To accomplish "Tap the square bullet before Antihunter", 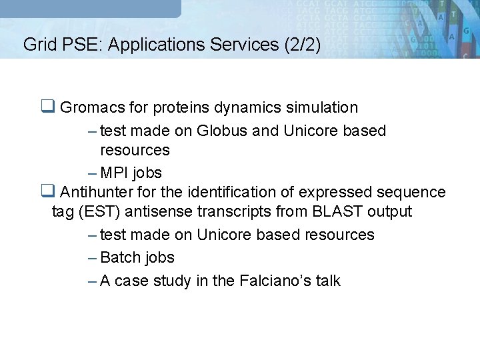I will (x=47, y=192).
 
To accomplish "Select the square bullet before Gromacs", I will (x=47, y=107).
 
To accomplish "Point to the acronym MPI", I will (x=115, y=173).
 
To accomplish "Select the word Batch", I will (x=121, y=257).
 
